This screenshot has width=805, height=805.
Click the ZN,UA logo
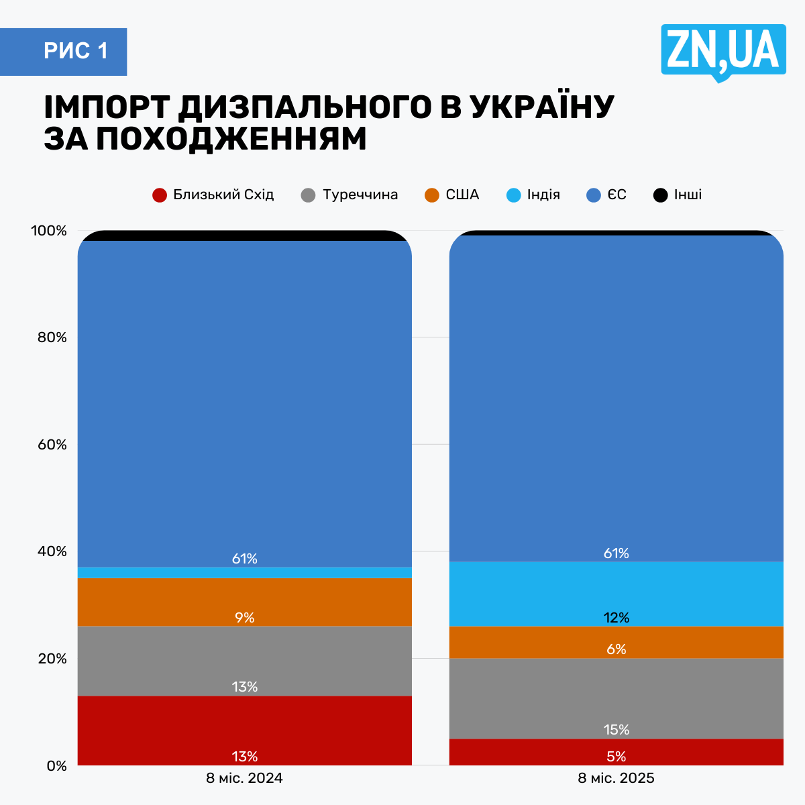pos(723,50)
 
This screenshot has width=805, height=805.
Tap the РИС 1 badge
pos(76,51)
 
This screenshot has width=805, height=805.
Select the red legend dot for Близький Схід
pos(159,195)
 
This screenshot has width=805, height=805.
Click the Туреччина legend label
pos(360,195)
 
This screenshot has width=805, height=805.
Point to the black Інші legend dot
pos(661,195)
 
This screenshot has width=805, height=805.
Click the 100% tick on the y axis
pos(49,231)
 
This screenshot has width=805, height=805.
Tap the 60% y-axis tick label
pos(51,445)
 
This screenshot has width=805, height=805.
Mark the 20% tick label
pos(51,659)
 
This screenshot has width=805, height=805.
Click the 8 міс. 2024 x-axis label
pos(244,779)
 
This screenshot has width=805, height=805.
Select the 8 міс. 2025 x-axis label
pos(616,779)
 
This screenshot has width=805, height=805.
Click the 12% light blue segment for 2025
pos(616,594)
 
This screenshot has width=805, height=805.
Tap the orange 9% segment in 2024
pos(244,602)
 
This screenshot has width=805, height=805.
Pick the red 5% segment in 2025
pos(616,752)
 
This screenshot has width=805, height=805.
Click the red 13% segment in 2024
pos(244,731)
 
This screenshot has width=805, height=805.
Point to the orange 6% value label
pos(616,649)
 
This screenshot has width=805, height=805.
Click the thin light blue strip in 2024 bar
pos(244,572)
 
